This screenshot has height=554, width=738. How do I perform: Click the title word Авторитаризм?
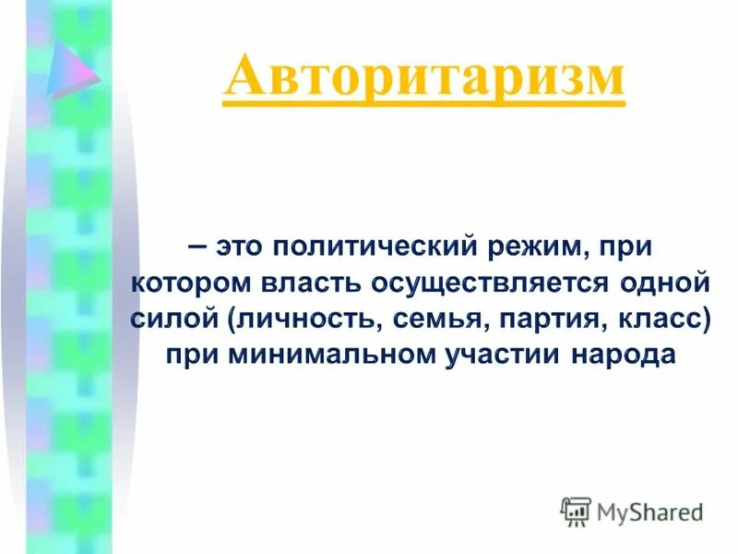[x=424, y=76]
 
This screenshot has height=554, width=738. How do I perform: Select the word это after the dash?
[x=243, y=247]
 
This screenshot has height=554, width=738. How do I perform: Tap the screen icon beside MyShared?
[x=575, y=511]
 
